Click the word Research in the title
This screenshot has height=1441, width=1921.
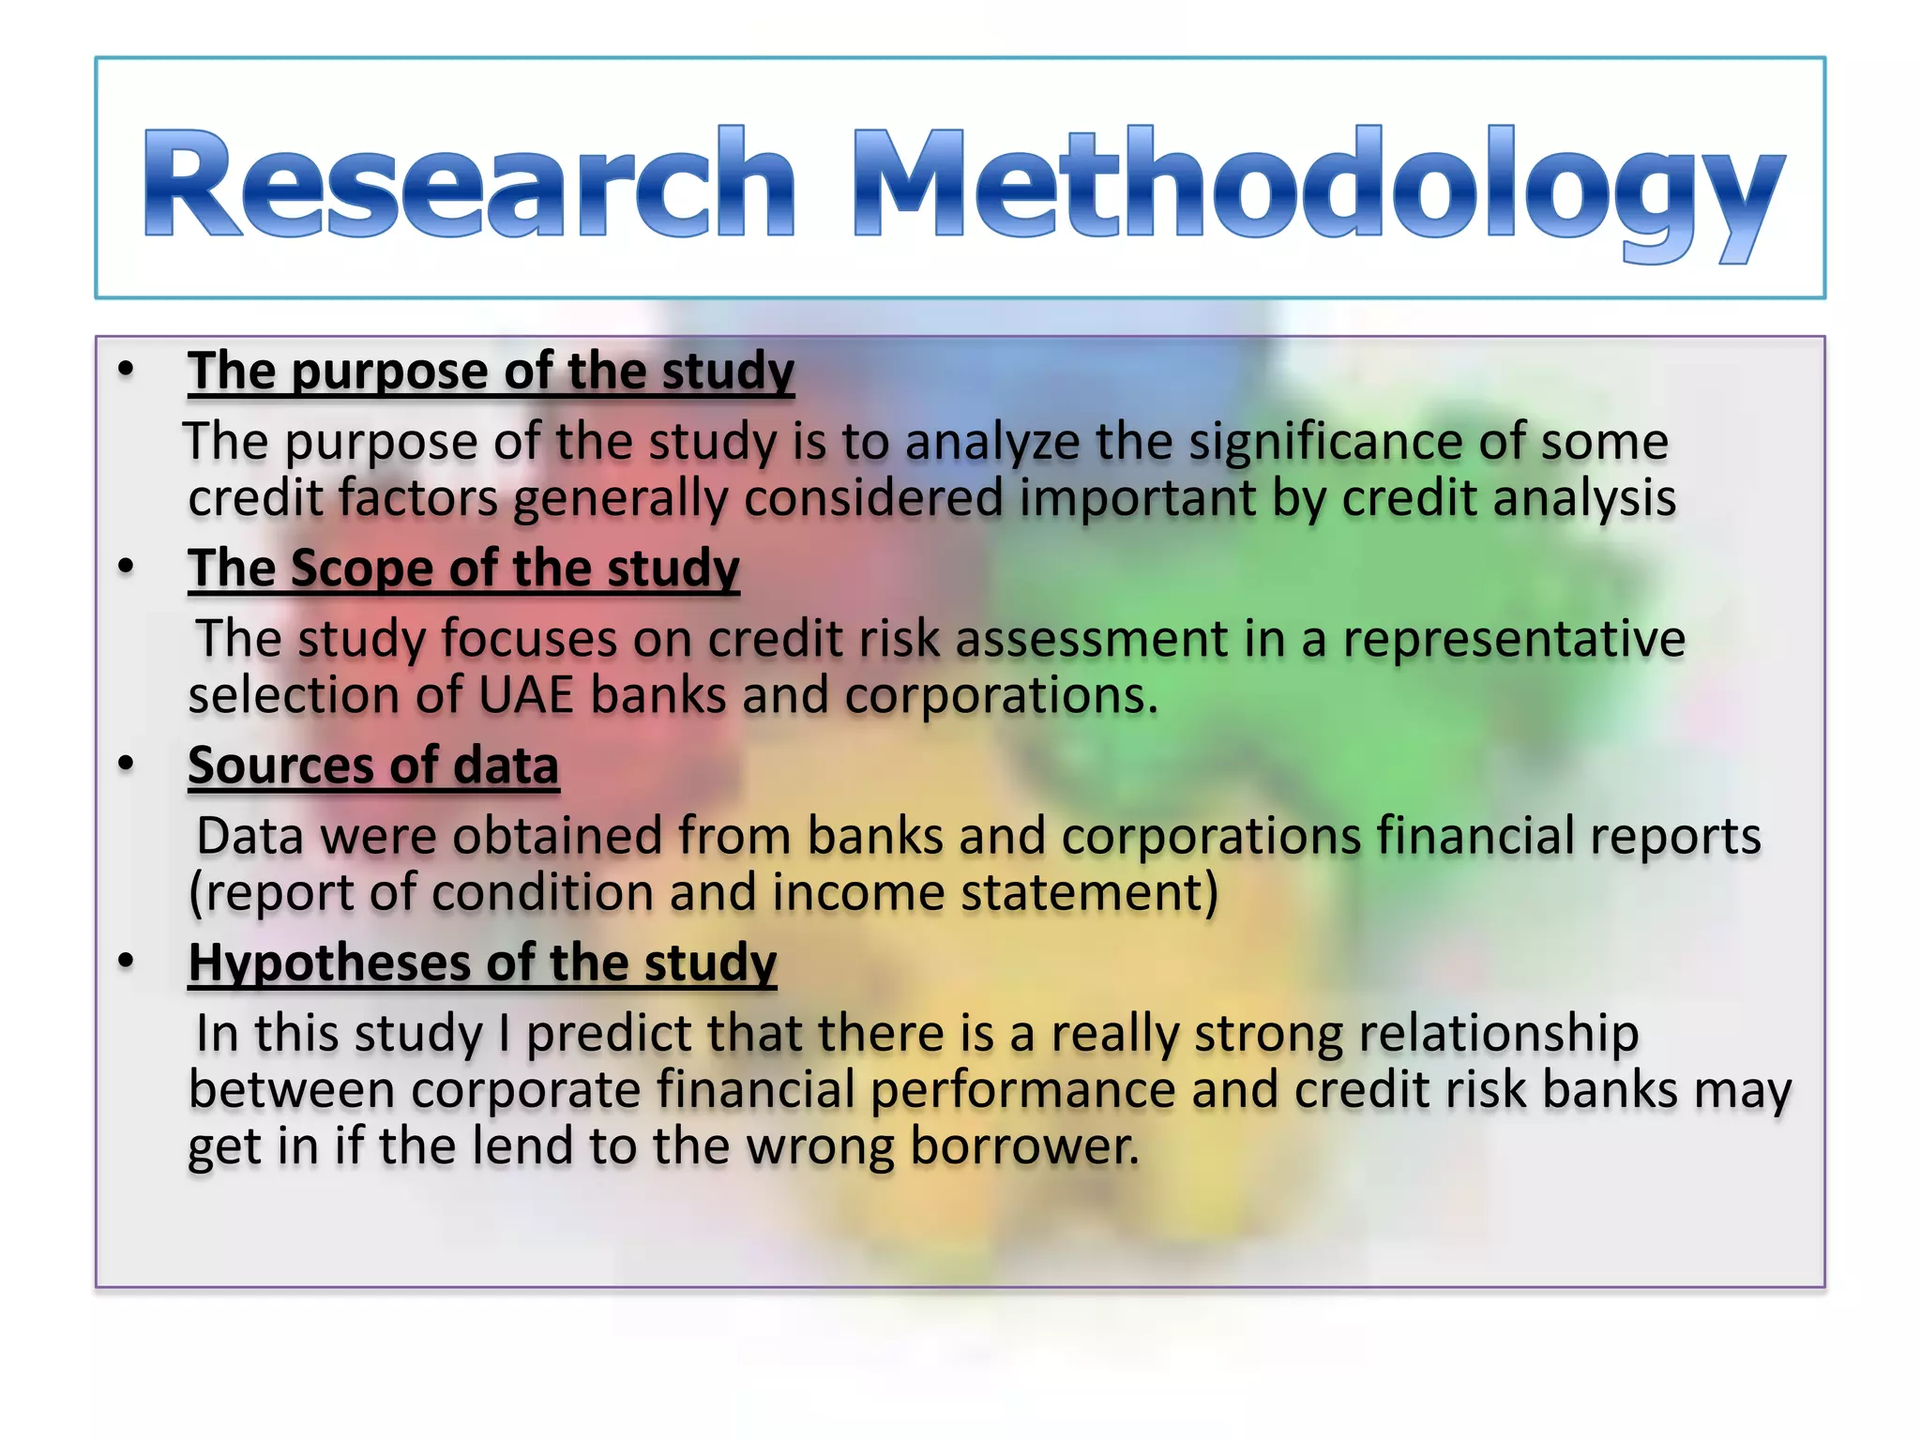pos(469,183)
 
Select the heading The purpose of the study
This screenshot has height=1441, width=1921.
pos(491,371)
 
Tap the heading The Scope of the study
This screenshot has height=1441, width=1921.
pos(463,569)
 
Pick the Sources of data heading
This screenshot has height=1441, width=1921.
pos(373,766)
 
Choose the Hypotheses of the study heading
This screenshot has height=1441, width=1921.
pos(482,963)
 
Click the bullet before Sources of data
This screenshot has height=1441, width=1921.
pos(126,765)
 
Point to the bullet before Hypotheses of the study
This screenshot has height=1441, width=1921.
pos(126,963)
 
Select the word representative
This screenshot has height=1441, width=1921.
pos(1513,640)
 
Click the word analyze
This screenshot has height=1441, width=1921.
pos(991,442)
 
